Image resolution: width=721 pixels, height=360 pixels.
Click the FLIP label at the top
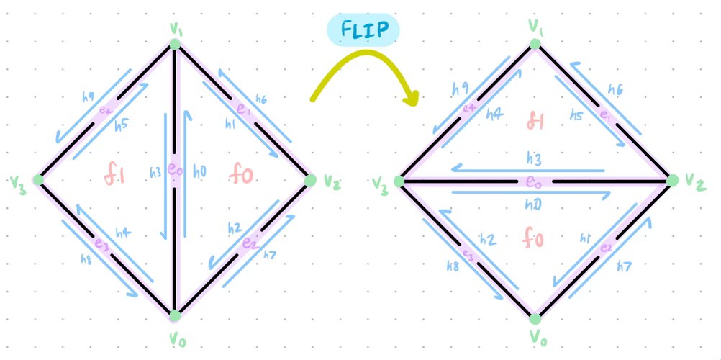(363, 30)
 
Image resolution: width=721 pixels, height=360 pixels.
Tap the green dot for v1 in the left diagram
(174, 45)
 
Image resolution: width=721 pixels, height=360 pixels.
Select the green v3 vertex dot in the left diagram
(39, 179)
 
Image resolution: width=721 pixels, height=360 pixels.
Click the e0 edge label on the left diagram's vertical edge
(174, 171)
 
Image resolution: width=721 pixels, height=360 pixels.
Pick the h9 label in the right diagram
(460, 89)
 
